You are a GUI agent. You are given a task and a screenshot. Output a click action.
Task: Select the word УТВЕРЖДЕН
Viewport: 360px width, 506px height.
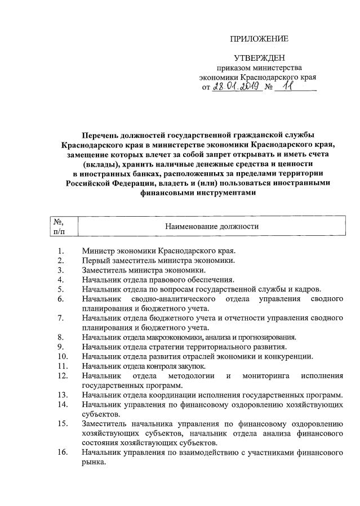pyautogui.click(x=260, y=57)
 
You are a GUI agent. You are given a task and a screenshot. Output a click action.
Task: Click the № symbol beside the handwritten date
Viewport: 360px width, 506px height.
pyautogui.click(x=268, y=88)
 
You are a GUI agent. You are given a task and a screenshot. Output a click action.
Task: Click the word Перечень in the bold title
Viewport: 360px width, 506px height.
pyautogui.click(x=101, y=135)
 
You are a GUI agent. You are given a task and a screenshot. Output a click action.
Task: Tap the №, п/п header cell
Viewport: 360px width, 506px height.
pyautogui.click(x=58, y=226)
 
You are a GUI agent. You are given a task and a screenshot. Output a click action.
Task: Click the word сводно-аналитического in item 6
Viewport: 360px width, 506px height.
pyautogui.click(x=178, y=298)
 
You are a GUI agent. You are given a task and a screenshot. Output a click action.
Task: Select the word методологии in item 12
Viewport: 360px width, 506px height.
pyautogui.click(x=192, y=375)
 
